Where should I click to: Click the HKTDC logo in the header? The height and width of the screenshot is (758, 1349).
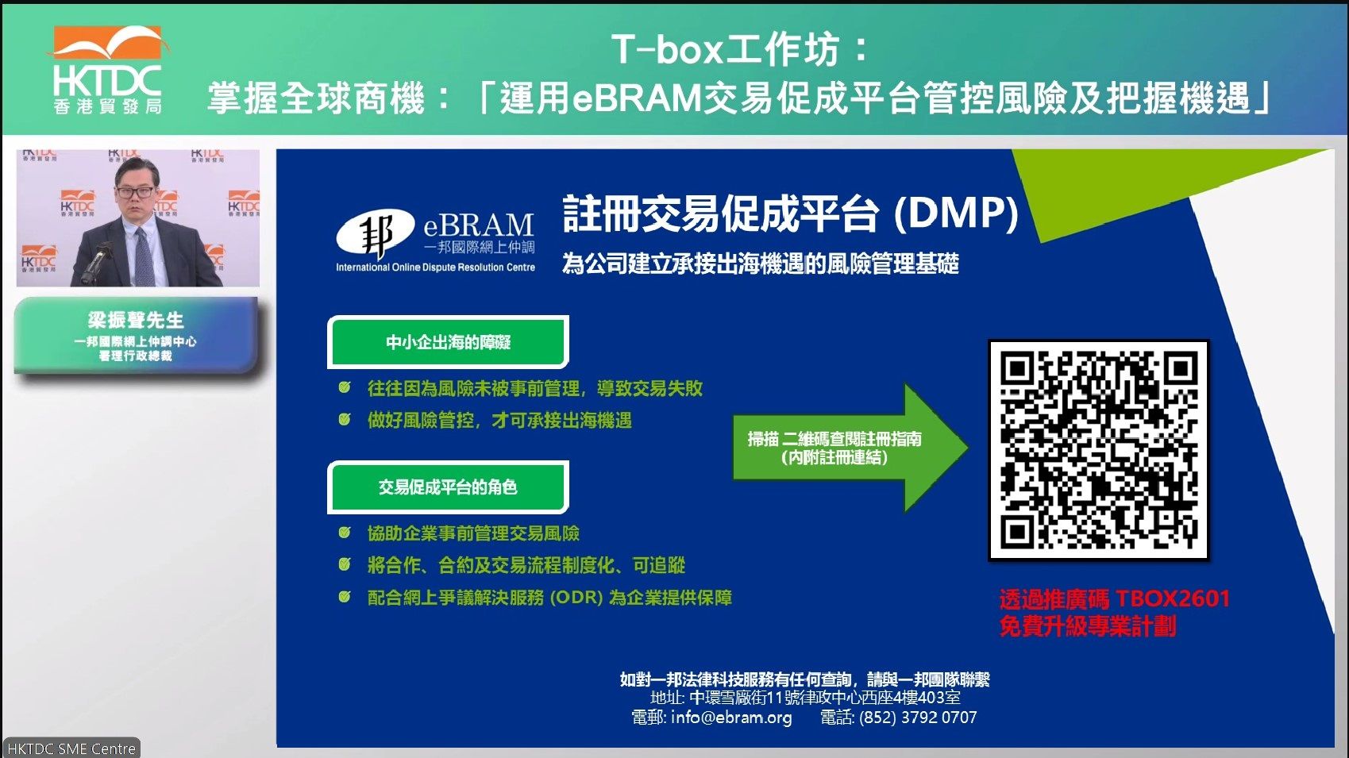pyautogui.click(x=107, y=70)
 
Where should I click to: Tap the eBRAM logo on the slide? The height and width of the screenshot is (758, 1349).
pyautogui.click(x=435, y=240)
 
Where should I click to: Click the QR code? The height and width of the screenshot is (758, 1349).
pyautogui.click(x=1098, y=450)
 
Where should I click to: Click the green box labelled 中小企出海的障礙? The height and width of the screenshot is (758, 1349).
pyautogui.click(x=448, y=342)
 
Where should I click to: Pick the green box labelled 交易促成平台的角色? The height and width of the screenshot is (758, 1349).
pyautogui.click(x=448, y=487)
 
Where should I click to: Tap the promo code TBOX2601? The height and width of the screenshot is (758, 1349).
pyautogui.click(x=1173, y=598)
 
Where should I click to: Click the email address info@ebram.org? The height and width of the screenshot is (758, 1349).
pyautogui.click(x=731, y=717)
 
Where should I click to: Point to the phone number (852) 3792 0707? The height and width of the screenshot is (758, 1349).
pyautogui.click(x=918, y=717)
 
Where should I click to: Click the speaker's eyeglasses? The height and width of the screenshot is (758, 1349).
pyautogui.click(x=135, y=192)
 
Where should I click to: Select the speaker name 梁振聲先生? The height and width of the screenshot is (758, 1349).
pyautogui.click(x=136, y=320)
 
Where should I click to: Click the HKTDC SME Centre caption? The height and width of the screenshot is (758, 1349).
pyautogui.click(x=71, y=748)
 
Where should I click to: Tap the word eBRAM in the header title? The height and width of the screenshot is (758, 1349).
pyautogui.click(x=637, y=98)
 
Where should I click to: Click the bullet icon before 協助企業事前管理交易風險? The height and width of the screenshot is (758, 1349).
pyautogui.click(x=345, y=533)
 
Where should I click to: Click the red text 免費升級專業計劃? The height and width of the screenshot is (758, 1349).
pyautogui.click(x=1088, y=626)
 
